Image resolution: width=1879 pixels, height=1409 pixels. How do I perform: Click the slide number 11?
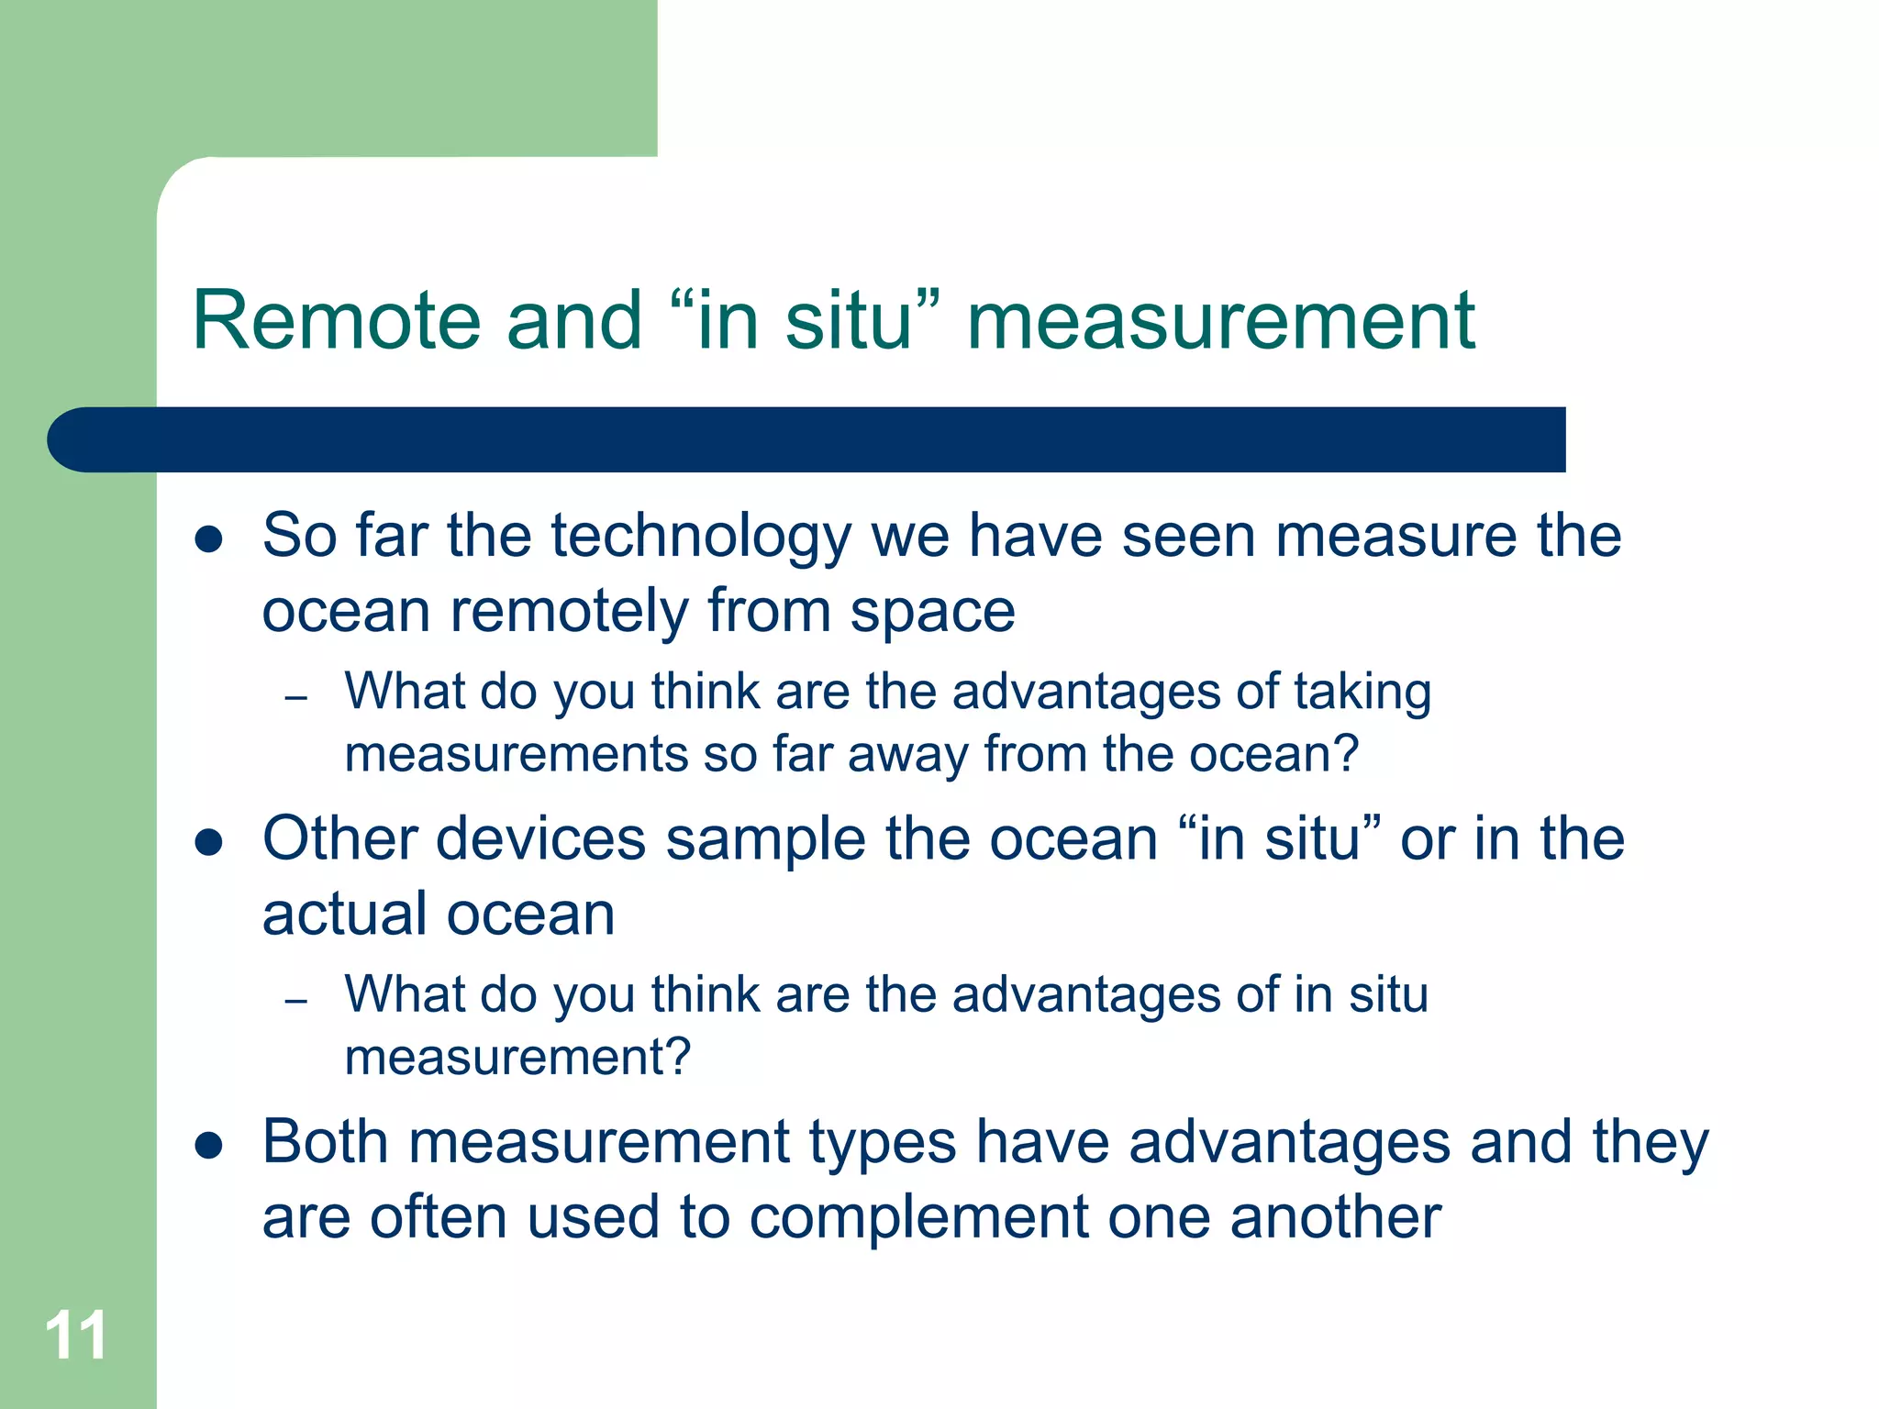point(75,1335)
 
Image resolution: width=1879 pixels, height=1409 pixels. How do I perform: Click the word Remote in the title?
point(337,320)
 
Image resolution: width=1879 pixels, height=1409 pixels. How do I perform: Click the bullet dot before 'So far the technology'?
point(209,538)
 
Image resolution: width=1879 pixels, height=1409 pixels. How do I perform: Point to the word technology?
point(701,537)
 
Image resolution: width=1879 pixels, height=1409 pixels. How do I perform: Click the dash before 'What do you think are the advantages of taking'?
point(295,699)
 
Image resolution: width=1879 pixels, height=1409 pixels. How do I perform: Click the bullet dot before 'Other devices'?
point(209,842)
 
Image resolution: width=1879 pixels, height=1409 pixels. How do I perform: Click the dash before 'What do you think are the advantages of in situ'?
point(295,1002)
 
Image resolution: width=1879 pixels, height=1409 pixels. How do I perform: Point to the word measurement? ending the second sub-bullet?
point(517,1057)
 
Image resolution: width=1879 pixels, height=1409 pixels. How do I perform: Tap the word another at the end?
point(1335,1217)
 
